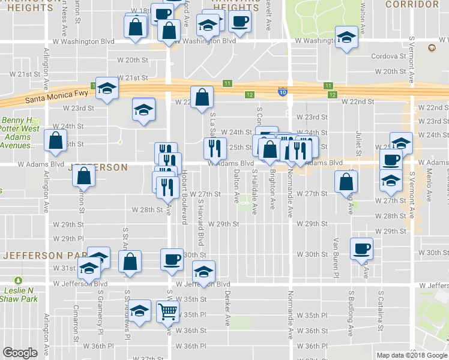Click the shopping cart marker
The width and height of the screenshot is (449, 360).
[x=168, y=311]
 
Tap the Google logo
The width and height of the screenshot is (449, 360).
[x=20, y=353]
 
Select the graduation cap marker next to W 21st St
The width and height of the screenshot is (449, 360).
[x=107, y=89]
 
